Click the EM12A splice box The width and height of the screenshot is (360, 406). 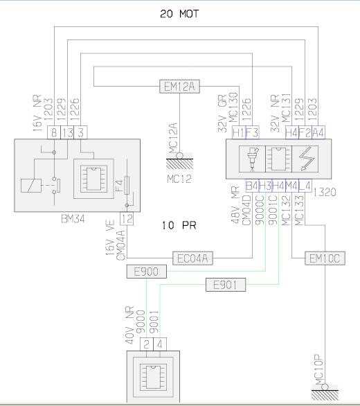tap(179, 86)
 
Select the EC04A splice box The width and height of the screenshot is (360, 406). tap(193, 258)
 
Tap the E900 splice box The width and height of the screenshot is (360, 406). tap(147, 272)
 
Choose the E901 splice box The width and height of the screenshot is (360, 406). tap(226, 285)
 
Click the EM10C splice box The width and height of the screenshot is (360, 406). tap(325, 258)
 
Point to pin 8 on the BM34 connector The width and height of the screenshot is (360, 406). tap(54, 132)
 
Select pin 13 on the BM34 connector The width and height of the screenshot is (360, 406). tap(67, 132)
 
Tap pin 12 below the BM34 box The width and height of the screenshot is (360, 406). tap(127, 219)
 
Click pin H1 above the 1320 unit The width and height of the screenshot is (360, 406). tap(239, 132)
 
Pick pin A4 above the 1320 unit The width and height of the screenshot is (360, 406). tap(318, 132)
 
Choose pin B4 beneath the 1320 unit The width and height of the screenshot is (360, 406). tap(252, 186)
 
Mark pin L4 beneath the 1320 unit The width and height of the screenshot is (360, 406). tap(305, 186)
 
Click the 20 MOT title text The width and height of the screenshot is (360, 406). tap(179, 14)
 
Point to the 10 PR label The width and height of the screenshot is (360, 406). tap(179, 225)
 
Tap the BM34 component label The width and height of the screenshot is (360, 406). tap(73, 220)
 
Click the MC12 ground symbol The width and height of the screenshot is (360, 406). tap(179, 161)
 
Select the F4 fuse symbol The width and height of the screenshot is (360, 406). tap(127, 186)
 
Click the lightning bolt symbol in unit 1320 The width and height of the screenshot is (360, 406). tap(307, 159)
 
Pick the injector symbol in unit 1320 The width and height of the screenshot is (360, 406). tap(252, 159)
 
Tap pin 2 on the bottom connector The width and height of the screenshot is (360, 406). tap(147, 344)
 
